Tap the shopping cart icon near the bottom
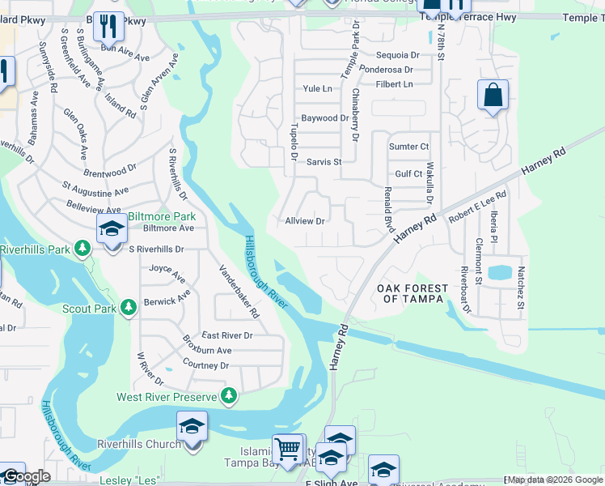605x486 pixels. pos(287,448)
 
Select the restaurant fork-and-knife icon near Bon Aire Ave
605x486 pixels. pos(108,27)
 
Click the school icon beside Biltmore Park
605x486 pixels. pos(112,229)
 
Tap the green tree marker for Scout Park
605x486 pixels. pos(128,308)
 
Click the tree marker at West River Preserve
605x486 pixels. pos(230,395)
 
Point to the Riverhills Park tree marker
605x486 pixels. pos(82,248)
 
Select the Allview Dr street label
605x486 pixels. pos(305,221)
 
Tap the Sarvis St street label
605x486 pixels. pos(324,162)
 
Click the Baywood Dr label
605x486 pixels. pos(324,118)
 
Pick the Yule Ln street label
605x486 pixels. pos(317,88)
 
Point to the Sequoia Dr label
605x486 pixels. pos(399,56)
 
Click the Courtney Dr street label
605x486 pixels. pos(205,366)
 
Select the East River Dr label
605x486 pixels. pos(227,335)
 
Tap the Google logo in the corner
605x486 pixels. pos(27,477)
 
